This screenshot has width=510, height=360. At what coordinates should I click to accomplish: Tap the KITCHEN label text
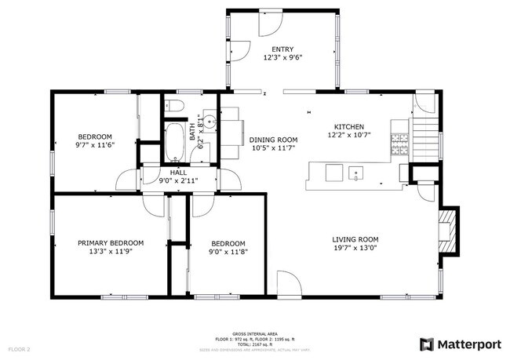(349, 126)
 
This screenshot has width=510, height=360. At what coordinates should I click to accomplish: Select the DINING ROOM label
(272, 140)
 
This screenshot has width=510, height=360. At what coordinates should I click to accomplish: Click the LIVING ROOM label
(355, 240)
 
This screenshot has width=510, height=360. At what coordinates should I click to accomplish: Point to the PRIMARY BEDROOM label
(111, 243)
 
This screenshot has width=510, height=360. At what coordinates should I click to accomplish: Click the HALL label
(178, 172)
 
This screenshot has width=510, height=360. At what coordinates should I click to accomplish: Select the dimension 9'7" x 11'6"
(94, 144)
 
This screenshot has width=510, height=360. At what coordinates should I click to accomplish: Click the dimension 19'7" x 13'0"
(355, 249)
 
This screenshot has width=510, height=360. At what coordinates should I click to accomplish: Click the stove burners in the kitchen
(400, 141)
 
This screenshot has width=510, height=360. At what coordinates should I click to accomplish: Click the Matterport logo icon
(427, 344)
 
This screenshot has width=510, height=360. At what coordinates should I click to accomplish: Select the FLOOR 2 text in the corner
(19, 348)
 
